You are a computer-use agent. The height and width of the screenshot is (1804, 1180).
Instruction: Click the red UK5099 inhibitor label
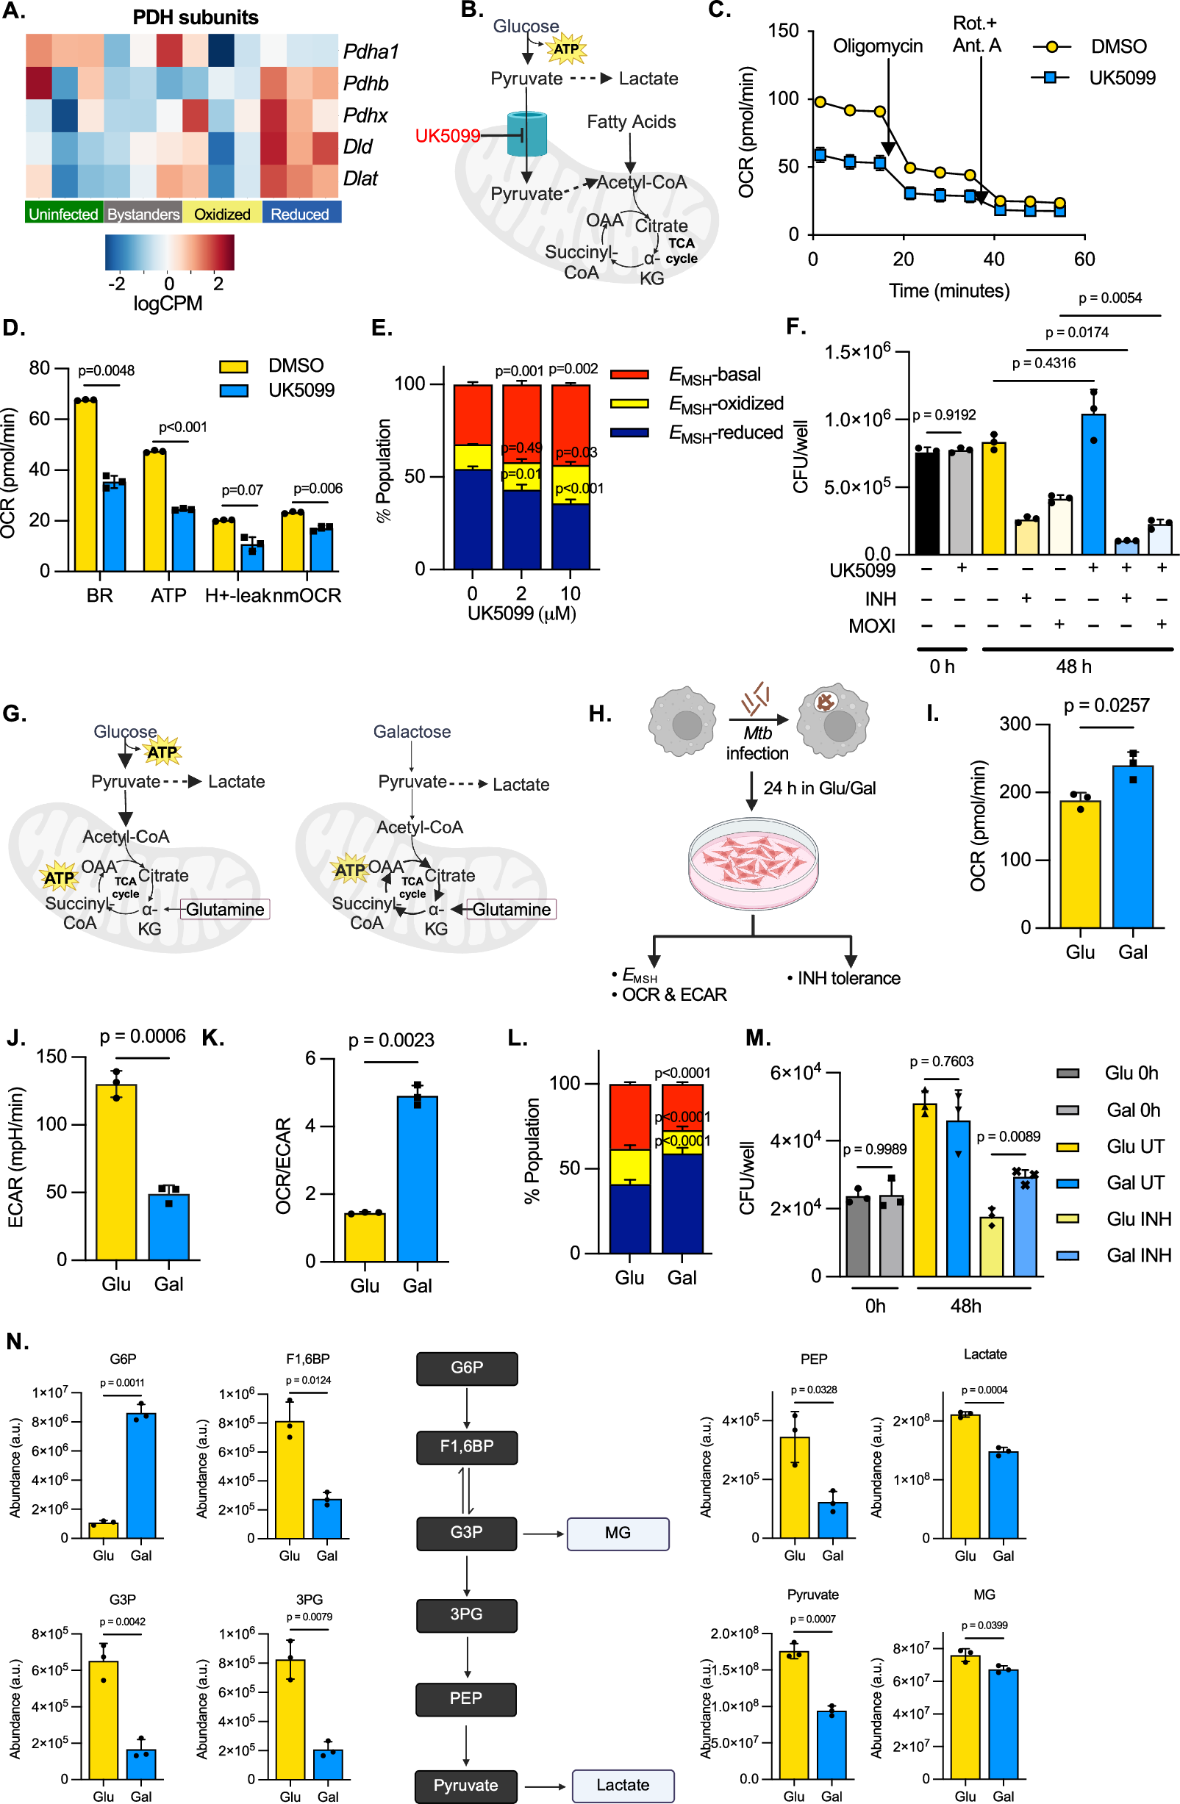(447, 136)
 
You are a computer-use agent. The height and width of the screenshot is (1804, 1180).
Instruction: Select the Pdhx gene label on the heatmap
(365, 115)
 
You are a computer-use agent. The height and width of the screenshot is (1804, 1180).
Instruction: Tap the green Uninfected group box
(64, 214)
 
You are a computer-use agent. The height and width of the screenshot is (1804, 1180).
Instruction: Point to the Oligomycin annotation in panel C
(877, 46)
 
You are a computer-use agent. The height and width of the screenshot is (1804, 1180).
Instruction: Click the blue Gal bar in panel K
(417, 1178)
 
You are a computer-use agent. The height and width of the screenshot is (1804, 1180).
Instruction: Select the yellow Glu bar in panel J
(116, 1172)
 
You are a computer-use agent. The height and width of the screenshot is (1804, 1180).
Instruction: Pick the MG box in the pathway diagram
(618, 1533)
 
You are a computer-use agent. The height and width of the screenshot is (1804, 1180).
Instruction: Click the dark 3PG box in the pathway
(466, 1614)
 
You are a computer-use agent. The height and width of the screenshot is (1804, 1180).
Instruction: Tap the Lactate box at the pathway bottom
(623, 1785)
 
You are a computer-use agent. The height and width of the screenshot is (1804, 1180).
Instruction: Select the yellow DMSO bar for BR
(85, 485)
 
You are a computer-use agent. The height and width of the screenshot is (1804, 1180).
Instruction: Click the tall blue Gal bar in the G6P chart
(141, 1475)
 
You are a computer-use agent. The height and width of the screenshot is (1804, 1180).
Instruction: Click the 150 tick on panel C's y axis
(784, 31)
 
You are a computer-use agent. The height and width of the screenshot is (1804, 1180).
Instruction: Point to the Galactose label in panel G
(412, 731)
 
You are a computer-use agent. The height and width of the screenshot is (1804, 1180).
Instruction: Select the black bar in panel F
(926, 502)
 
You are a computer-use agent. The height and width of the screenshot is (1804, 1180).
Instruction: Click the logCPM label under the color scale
(168, 303)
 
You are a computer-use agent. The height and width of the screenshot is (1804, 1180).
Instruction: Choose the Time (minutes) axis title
(948, 290)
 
